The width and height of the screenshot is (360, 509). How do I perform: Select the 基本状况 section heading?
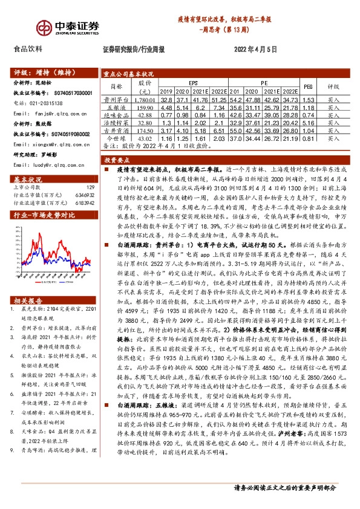(x=28, y=180)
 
